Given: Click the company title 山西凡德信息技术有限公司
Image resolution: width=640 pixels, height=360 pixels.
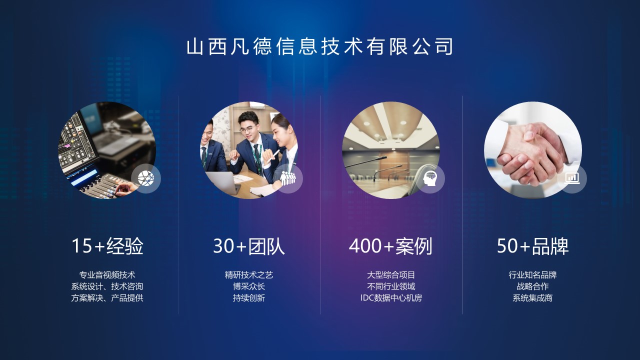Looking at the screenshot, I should pos(320,47).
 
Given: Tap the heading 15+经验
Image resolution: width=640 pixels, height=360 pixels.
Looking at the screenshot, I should pos(107,246).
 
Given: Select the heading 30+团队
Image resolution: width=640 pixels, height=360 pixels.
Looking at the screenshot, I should pos(249,246).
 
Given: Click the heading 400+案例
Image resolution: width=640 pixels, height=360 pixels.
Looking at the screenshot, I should pos(390,246).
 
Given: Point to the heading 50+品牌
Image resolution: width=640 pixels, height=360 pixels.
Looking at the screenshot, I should pos(532,246).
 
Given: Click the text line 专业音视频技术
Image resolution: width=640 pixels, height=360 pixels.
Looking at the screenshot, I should pos(107,275).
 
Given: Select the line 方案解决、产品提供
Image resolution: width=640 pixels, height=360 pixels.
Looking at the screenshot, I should pos(107,298).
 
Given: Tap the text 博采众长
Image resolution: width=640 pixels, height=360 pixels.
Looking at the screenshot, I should pos(249,286).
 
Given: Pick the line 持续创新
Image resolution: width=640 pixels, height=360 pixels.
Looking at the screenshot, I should pos(249,298).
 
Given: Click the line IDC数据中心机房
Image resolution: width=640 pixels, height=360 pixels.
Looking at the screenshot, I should pos(391,298).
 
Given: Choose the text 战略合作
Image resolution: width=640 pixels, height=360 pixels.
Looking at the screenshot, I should pos(532,286).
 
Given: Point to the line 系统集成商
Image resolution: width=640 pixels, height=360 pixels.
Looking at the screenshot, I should pos(532,298).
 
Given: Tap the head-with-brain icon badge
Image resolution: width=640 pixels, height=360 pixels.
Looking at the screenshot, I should pos(430,178).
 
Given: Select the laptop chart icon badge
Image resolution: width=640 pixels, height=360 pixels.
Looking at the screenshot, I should pos(572,178).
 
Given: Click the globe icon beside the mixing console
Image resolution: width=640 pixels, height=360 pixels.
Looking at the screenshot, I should pos(146,178).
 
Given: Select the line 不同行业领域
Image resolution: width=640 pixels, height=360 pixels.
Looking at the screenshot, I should pos(391,286).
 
